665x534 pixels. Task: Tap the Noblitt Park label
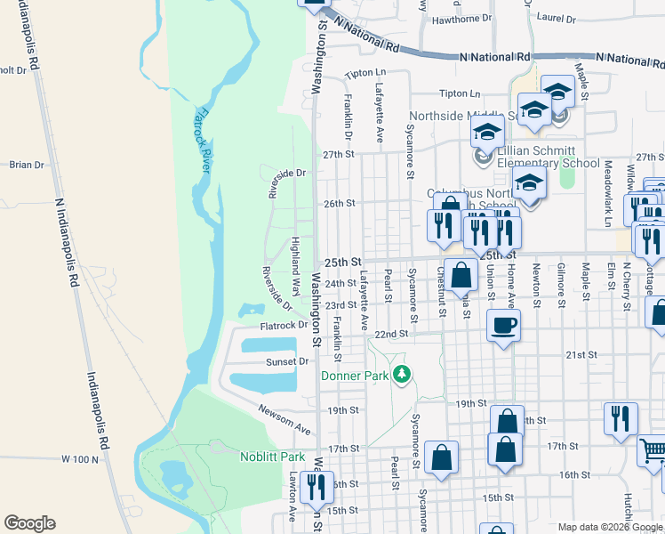(273, 457)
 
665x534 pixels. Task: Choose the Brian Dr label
(26, 165)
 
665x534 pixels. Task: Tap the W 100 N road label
(78, 458)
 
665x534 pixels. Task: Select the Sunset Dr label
(287, 362)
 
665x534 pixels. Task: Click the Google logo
(29, 523)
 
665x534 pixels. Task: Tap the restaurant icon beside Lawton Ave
(316, 486)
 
